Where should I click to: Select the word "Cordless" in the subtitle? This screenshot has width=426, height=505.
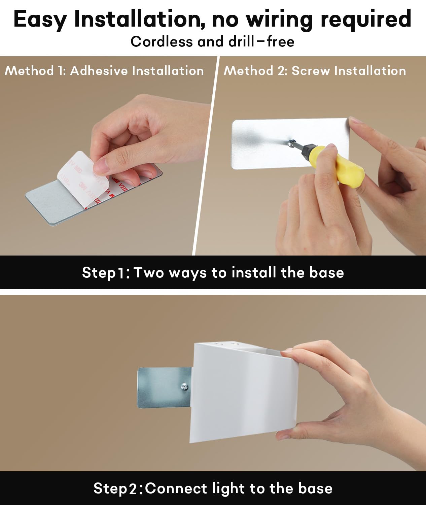point(162,42)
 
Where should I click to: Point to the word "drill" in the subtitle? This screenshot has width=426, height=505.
point(241,41)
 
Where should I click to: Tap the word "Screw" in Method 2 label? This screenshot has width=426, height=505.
point(311,71)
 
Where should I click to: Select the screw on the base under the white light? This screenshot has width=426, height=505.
point(184,387)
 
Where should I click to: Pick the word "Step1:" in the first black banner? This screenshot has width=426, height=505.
point(106,273)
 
